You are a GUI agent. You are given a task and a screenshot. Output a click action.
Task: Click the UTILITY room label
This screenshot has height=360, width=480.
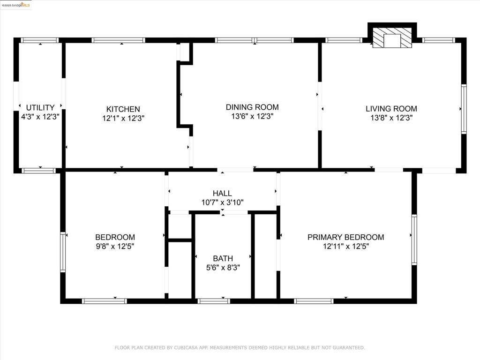pos(40,108)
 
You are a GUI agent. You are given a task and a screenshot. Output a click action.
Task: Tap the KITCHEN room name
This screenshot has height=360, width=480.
pos(123,109)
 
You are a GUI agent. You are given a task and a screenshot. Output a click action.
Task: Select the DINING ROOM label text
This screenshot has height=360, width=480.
pos(252,107)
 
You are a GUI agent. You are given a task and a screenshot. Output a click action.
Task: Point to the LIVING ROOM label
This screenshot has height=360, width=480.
pos(391,109)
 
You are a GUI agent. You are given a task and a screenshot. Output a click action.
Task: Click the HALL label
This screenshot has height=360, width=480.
pos(222,194)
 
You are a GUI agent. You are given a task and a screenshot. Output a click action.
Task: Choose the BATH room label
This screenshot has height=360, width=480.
pos(223,258)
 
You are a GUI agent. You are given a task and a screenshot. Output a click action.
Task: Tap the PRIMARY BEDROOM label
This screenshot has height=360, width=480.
pos(345,237)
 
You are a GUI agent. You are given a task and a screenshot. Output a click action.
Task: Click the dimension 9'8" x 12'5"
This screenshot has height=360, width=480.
pos(115,247)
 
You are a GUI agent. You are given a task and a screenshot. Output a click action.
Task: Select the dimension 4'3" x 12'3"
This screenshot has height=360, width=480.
pos(40,117)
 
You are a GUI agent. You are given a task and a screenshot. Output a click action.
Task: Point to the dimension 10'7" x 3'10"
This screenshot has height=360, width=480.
pos(223,202)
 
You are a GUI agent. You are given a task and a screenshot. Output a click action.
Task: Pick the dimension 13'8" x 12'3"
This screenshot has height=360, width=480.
pos(391,118)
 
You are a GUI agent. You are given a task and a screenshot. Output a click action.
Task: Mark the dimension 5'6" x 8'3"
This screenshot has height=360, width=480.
pos(223,268)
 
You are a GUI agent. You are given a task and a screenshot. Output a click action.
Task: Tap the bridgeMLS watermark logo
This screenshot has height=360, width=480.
pos(16,5)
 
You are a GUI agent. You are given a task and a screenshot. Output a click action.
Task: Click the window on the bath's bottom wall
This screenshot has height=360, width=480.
pos(214,301)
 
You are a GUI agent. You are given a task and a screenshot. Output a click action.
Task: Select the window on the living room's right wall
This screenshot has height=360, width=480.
pos(464,109)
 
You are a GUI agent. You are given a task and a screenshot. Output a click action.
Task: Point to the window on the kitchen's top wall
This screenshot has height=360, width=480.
pos(119,40)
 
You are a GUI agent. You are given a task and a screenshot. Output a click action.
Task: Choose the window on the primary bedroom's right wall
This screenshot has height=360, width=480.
pos(414,240)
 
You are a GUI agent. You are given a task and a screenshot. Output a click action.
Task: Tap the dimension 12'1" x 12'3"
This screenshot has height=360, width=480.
pos(123,118)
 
